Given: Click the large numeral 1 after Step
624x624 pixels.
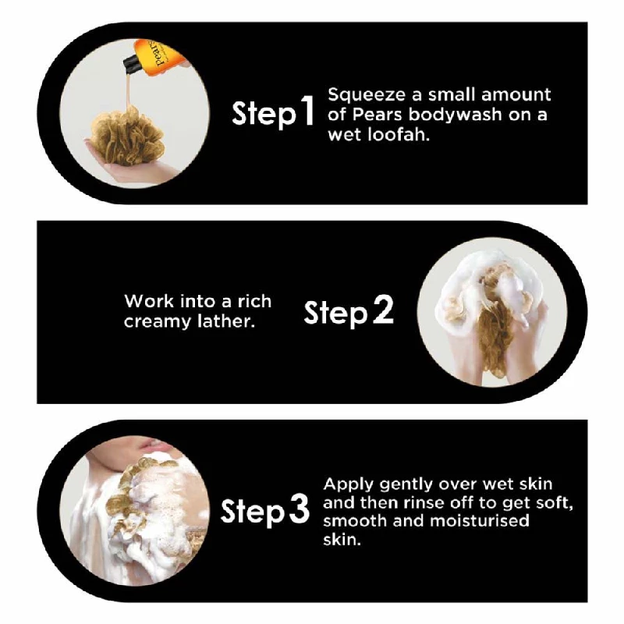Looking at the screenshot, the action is tap(306, 111).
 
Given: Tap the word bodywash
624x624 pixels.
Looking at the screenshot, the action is tap(456, 115).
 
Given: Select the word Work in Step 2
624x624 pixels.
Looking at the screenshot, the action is tap(149, 301).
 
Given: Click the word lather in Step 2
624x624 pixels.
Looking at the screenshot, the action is tap(226, 321).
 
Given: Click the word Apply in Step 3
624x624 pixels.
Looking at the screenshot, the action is tap(349, 485).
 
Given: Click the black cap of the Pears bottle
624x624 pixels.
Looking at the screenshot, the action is tap(131, 64).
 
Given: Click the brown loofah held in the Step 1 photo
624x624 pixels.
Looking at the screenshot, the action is tap(127, 138).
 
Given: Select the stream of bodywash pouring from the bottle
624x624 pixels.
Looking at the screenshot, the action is tap(128, 90).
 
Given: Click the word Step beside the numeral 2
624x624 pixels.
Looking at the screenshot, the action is tap(335, 312).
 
